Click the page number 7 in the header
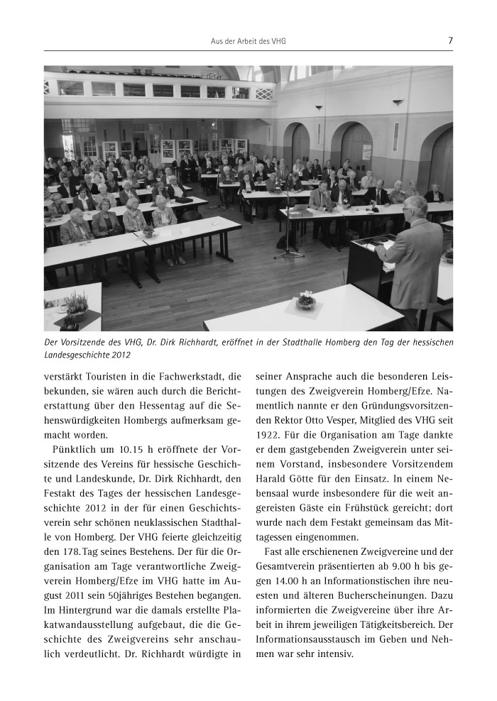coord(450,40)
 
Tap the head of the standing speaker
coord(416,206)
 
